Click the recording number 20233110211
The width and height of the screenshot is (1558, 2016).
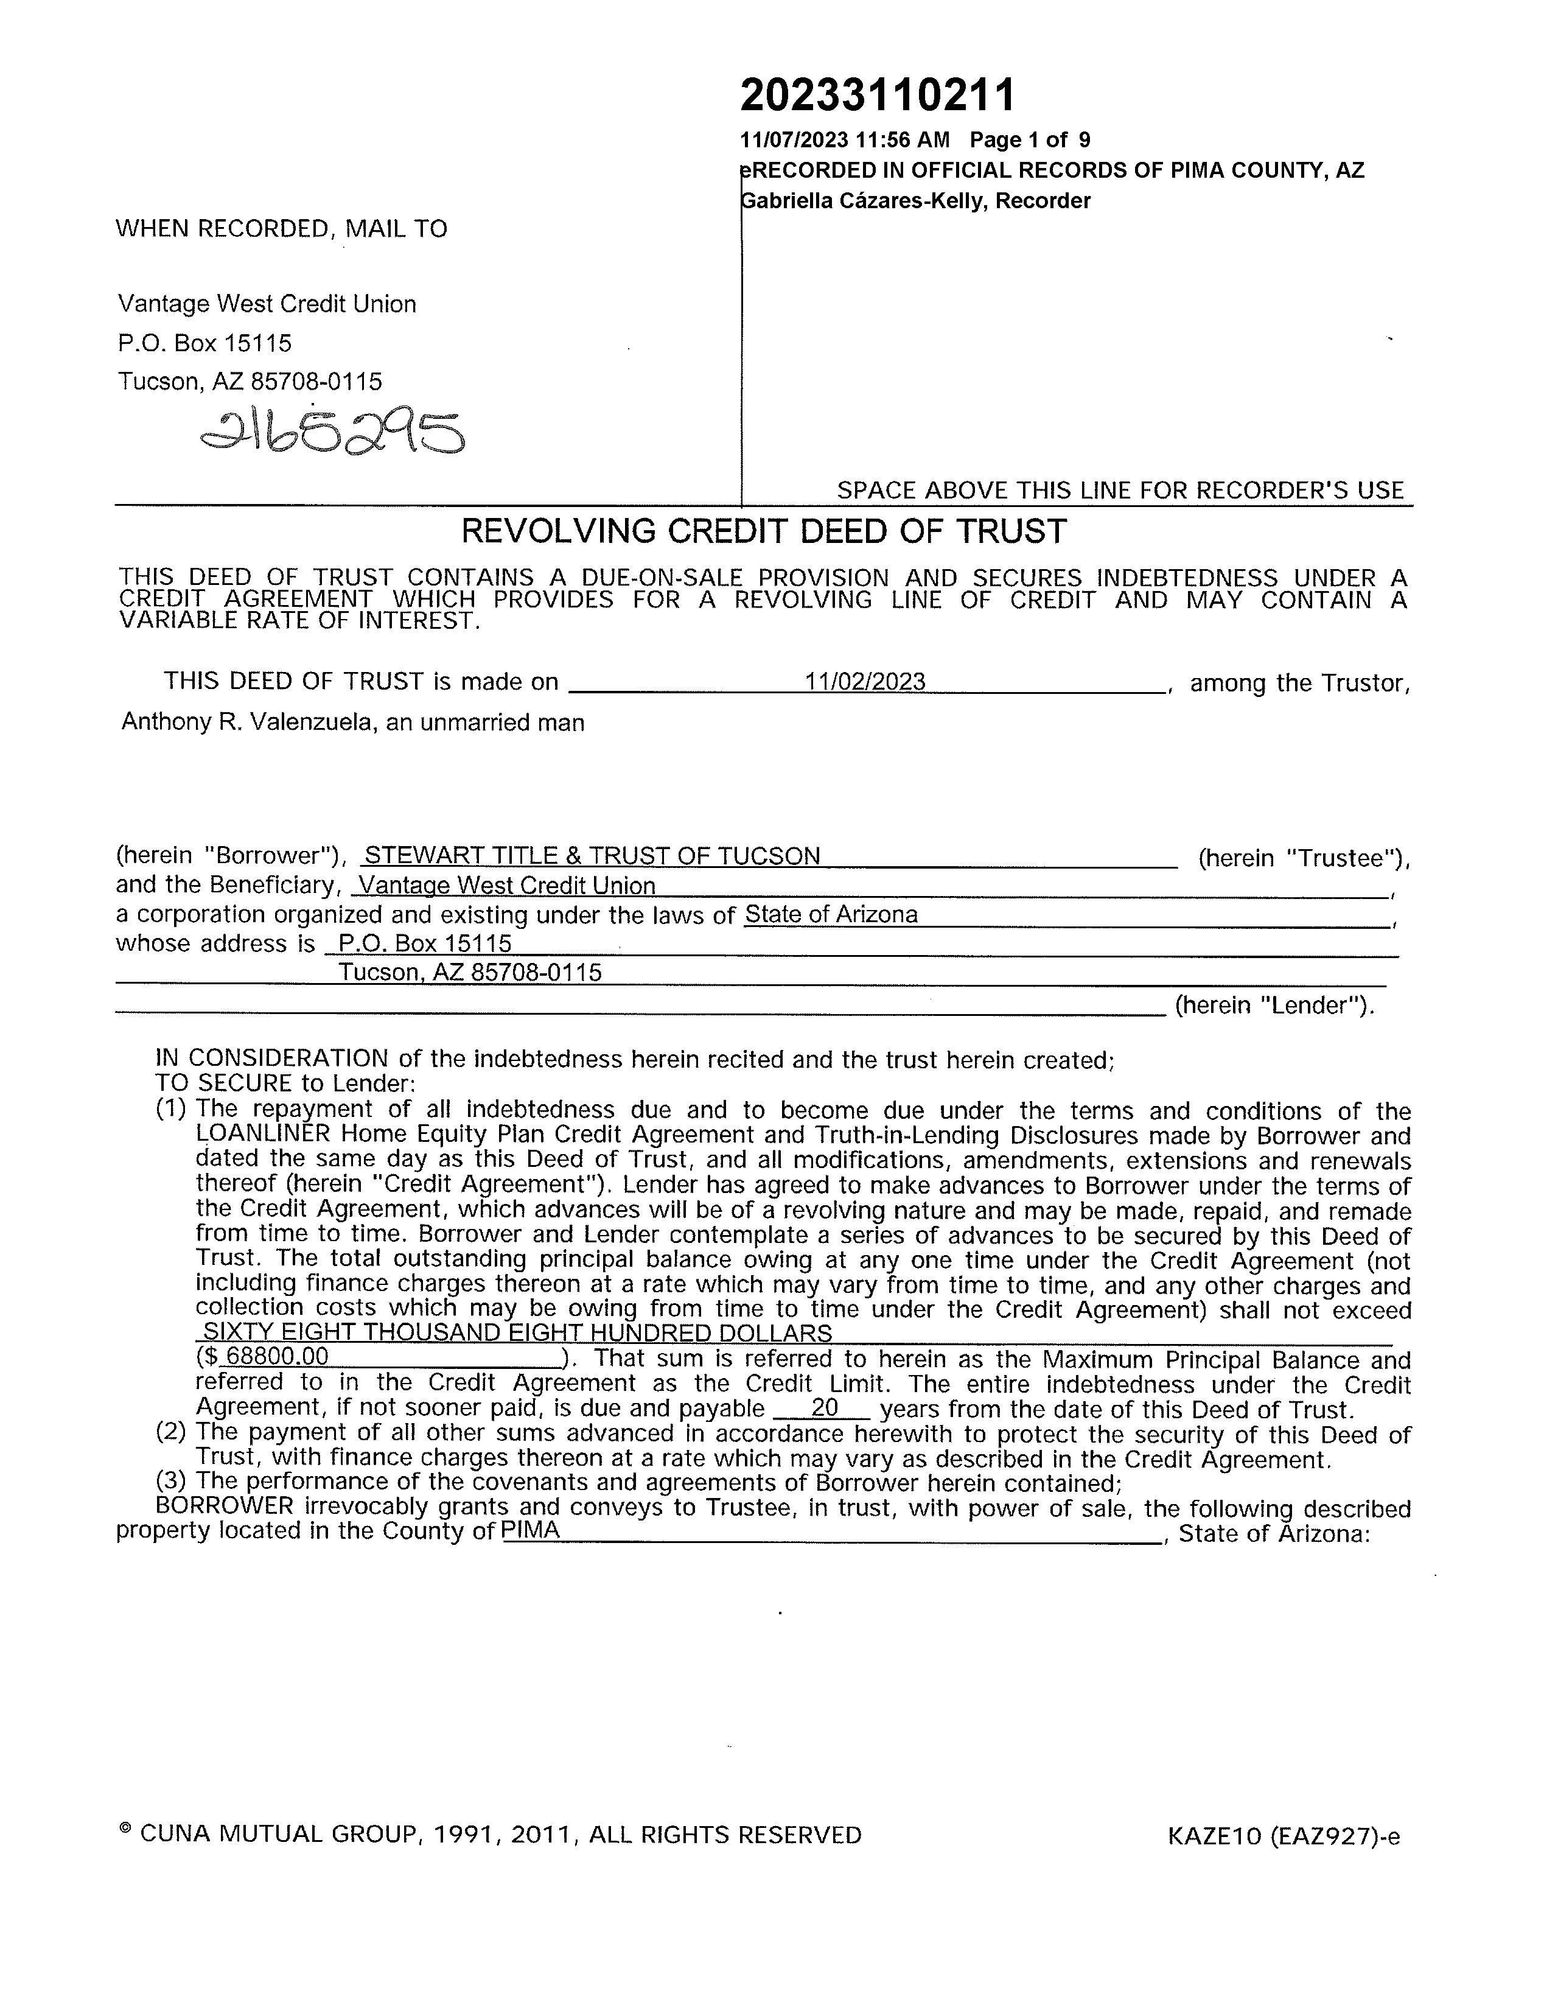click(x=877, y=95)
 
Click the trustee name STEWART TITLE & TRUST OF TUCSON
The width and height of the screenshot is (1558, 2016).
click(x=593, y=856)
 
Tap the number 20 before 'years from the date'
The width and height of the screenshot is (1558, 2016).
click(x=824, y=1408)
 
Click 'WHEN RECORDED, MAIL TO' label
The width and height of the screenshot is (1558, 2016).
click(x=282, y=229)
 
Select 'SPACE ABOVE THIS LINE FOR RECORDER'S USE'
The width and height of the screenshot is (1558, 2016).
click(x=1120, y=490)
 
